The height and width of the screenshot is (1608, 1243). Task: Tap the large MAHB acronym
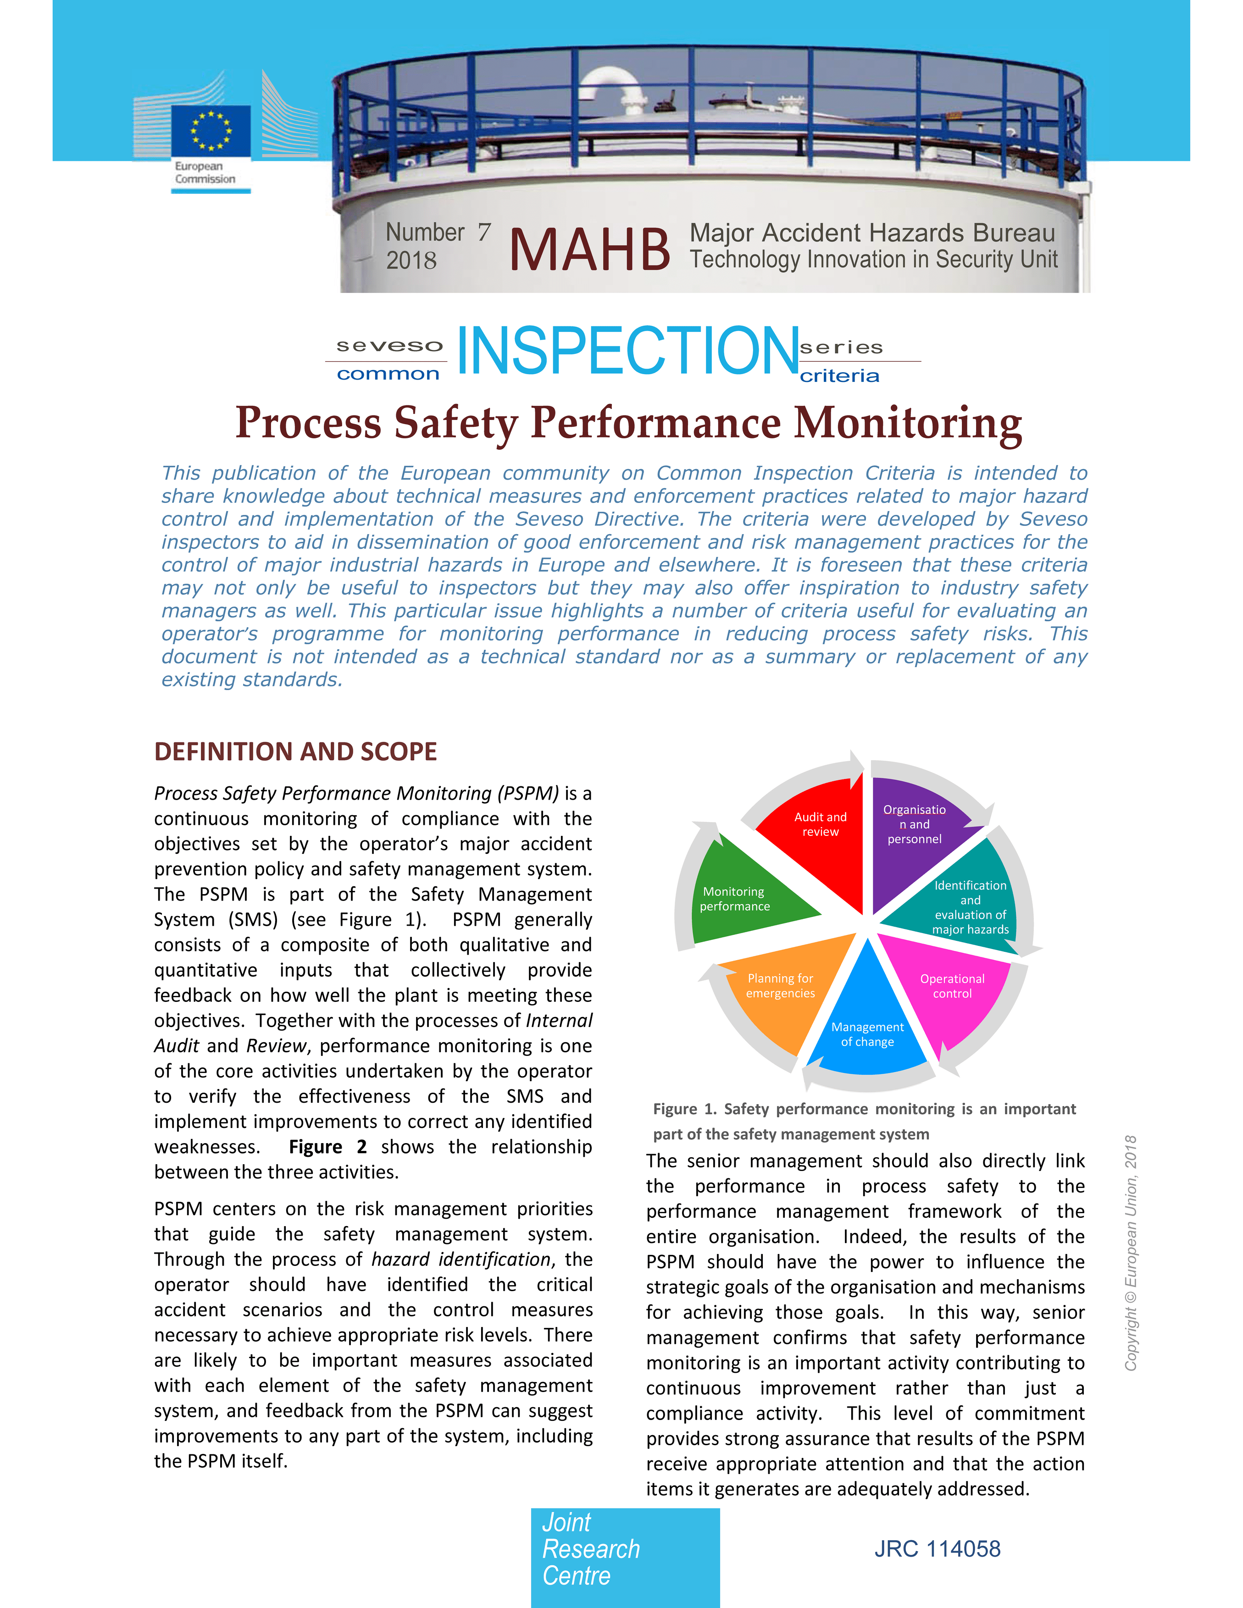[x=589, y=249]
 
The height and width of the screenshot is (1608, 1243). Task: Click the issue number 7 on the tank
[x=484, y=232]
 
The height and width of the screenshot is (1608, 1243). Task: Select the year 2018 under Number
[x=411, y=260]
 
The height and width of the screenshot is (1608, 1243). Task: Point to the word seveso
[x=389, y=345]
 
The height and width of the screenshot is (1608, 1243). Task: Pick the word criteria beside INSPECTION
[x=839, y=376]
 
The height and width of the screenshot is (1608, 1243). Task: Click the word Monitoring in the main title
[x=907, y=423]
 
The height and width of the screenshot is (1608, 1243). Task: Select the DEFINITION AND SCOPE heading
[x=295, y=752]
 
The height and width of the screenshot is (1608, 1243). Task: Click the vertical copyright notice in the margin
[x=1130, y=1252]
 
